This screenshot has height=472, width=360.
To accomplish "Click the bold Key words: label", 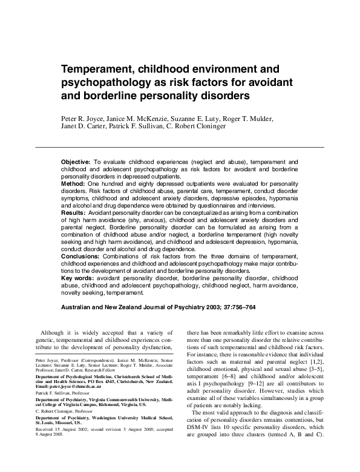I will click(79, 277).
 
